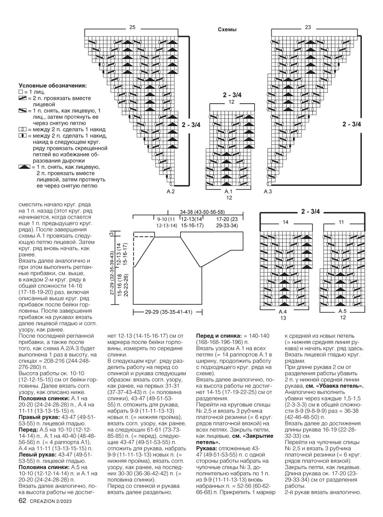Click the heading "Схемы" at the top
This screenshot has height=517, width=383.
(x=227, y=30)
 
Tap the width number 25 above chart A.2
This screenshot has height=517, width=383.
(x=132, y=27)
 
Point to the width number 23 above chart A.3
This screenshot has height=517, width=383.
(x=308, y=27)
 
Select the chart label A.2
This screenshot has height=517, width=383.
(x=171, y=191)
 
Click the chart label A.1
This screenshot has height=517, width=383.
(x=228, y=191)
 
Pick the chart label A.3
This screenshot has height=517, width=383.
(x=268, y=191)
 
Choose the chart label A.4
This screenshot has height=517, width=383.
(x=283, y=312)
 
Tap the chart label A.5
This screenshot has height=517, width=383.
(x=343, y=311)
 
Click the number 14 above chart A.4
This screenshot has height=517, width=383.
(x=286, y=222)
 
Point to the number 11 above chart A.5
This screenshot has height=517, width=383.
(x=341, y=222)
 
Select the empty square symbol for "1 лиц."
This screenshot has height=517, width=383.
(x=21, y=92)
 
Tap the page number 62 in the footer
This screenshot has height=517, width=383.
(x=22, y=501)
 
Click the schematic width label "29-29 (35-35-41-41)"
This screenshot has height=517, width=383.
(x=169, y=312)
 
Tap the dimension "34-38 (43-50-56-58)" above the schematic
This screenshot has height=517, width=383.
(x=202, y=212)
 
